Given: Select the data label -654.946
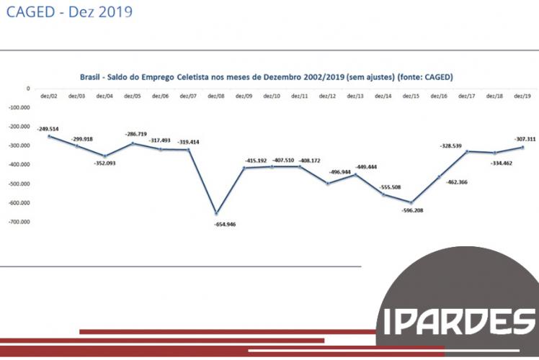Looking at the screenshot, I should [x=225, y=224].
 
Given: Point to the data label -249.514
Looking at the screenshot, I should [x=49, y=127].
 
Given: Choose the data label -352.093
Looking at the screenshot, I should [x=104, y=163].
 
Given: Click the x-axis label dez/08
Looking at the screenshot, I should [x=215, y=96].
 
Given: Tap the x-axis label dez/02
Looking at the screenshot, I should [x=48, y=96].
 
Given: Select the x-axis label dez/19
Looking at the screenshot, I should [x=522, y=96].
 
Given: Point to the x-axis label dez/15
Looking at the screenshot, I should [x=411, y=96].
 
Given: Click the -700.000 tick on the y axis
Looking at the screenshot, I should [x=18, y=222].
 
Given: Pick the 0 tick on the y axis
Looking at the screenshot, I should [x=27, y=89].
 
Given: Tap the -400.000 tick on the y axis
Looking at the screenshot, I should [x=18, y=164].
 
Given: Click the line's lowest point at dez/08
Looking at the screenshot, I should [x=215, y=213].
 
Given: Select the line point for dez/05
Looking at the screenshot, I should [x=133, y=143].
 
